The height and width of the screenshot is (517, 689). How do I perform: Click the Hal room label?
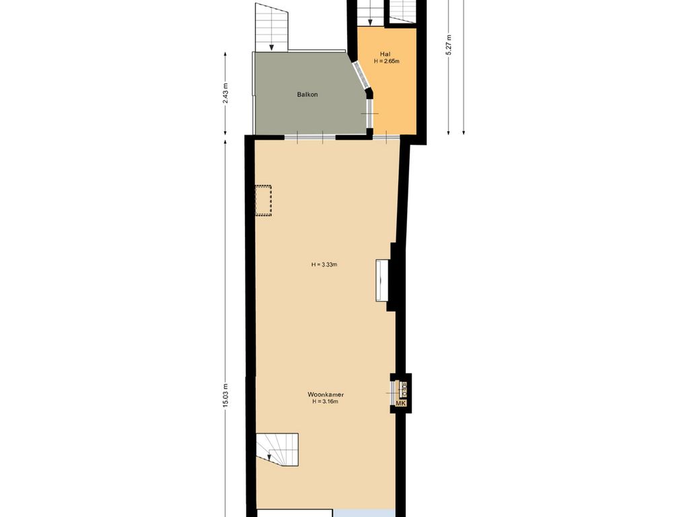386,54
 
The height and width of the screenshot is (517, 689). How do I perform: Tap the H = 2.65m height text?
386,61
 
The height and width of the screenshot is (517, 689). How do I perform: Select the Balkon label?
307,94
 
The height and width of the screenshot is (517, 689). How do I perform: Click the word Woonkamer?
326,394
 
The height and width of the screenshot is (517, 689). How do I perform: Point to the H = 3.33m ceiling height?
324,265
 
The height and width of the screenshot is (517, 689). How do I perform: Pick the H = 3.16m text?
324,402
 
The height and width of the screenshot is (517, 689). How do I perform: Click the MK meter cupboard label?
401,403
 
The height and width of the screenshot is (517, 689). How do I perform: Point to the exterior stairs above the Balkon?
272,27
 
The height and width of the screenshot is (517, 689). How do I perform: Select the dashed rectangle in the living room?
263,201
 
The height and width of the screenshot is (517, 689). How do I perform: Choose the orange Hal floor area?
394,101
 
